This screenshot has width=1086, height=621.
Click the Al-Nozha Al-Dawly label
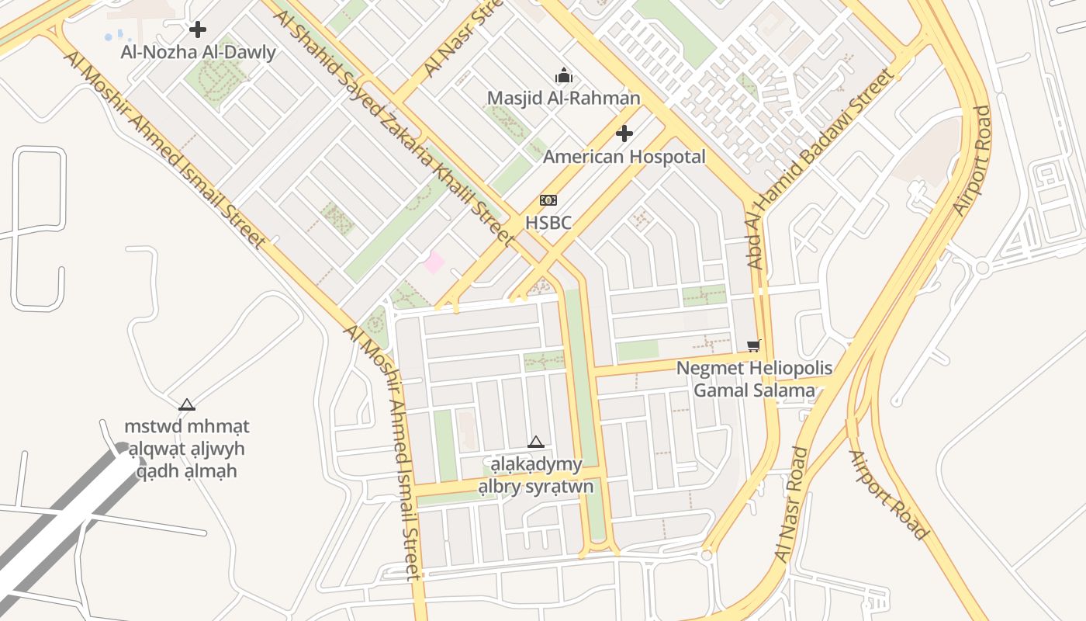[x=198, y=53]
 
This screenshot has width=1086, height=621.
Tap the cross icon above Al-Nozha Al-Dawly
[x=198, y=30]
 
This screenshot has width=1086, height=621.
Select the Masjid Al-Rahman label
[x=564, y=98]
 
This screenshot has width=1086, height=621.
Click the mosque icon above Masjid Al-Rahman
[x=564, y=75]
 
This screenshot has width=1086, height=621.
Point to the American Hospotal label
[x=624, y=157]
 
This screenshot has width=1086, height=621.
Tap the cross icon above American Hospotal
[x=624, y=134]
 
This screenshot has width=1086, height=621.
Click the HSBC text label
[x=548, y=224]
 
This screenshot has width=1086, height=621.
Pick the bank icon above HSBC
[x=548, y=200]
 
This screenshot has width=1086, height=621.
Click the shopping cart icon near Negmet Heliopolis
[x=753, y=345]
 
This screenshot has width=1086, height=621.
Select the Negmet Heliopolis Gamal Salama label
[x=754, y=379]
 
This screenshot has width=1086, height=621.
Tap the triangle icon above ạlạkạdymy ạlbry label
[x=535, y=442]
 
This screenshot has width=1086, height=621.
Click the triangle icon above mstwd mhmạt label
[x=186, y=404]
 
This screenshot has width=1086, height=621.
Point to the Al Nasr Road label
[x=791, y=505]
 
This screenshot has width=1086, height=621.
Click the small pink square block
[x=434, y=262]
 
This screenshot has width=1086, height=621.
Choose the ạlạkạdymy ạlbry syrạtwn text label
[x=535, y=476]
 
